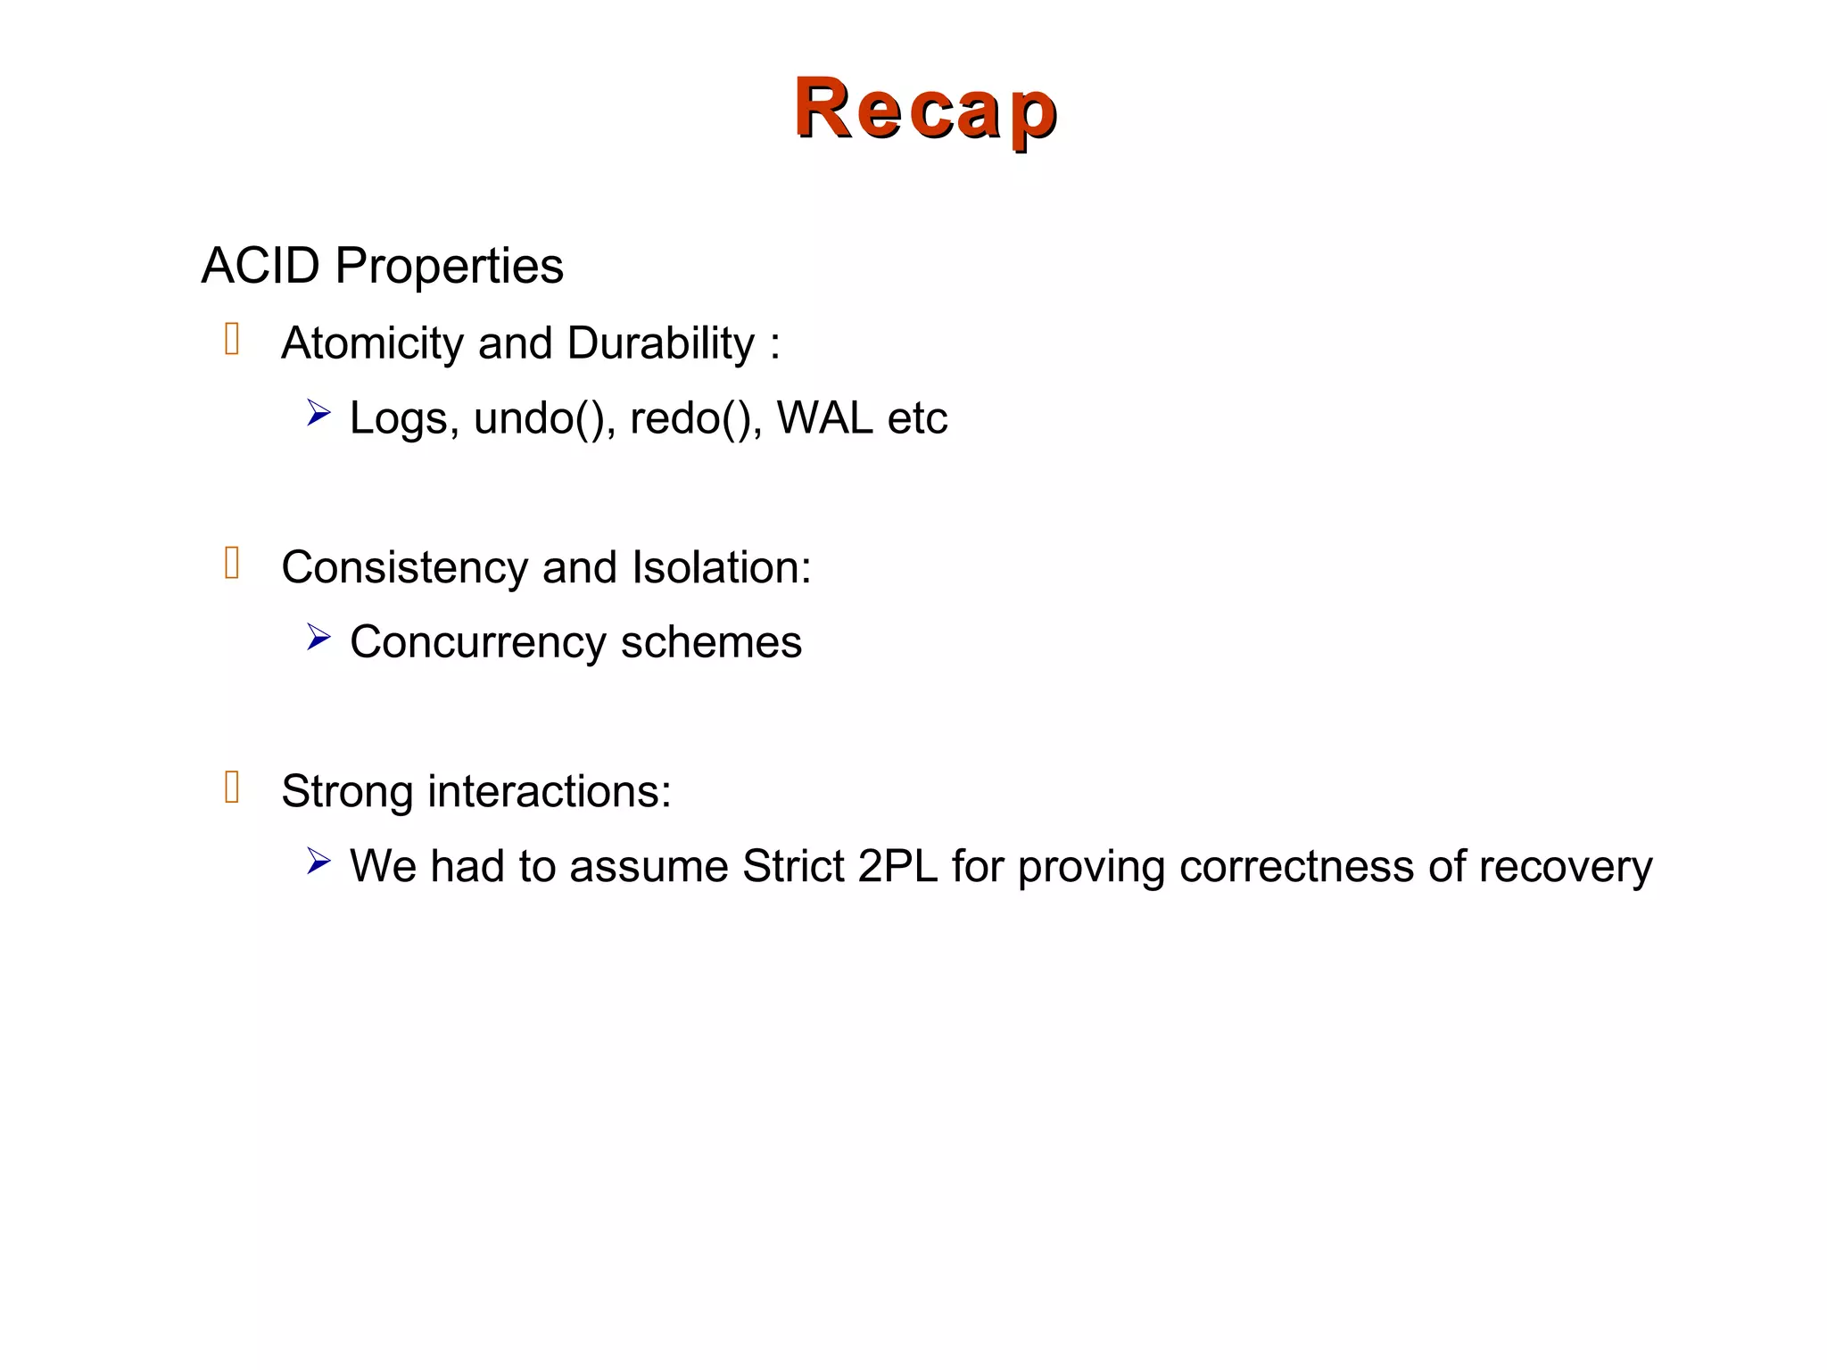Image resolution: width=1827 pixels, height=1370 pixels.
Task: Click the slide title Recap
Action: pos(925,109)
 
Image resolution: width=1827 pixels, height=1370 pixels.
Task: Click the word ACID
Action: pos(260,266)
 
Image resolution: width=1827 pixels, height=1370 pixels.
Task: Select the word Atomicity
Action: pos(371,343)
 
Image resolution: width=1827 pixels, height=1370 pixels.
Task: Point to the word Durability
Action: pos(660,343)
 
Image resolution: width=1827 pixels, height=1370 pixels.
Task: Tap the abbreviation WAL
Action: pos(824,417)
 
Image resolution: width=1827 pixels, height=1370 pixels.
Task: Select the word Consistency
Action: pos(404,568)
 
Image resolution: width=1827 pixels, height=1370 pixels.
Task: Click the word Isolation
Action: pos(721,567)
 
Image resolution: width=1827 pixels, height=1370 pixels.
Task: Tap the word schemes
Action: pos(711,642)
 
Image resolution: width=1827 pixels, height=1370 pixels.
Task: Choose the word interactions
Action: pos(549,791)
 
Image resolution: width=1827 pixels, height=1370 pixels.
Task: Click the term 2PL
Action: pos(897,866)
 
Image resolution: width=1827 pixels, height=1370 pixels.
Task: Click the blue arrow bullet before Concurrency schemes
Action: pos(318,638)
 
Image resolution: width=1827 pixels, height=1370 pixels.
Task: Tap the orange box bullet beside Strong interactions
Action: pos(232,788)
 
